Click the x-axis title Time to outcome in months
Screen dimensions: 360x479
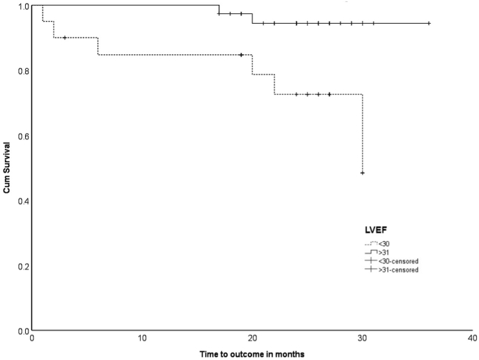[x=251, y=354]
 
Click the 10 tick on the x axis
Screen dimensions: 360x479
[x=142, y=338]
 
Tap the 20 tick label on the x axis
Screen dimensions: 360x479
[x=252, y=338]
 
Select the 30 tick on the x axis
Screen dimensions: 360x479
[x=362, y=338]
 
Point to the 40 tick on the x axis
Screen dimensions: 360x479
[x=471, y=338]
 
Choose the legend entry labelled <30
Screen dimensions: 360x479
[x=385, y=244]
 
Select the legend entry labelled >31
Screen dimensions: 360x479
[x=385, y=252]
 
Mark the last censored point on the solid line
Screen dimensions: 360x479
[x=428, y=23]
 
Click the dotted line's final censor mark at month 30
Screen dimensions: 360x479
[x=362, y=173]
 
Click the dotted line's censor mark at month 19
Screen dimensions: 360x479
[x=241, y=54]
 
